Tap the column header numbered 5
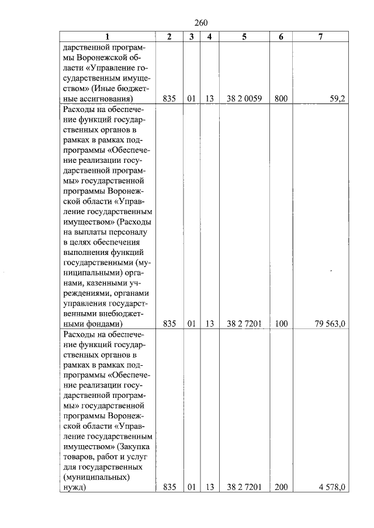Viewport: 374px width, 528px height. point(244,36)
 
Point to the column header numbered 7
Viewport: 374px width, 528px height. point(320,36)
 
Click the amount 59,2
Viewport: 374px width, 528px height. point(337,99)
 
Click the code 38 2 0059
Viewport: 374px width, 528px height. point(244,99)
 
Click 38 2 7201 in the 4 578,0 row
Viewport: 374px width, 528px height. point(244,487)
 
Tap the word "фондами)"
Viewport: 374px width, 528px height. point(102,323)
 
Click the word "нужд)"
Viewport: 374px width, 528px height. point(74,487)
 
